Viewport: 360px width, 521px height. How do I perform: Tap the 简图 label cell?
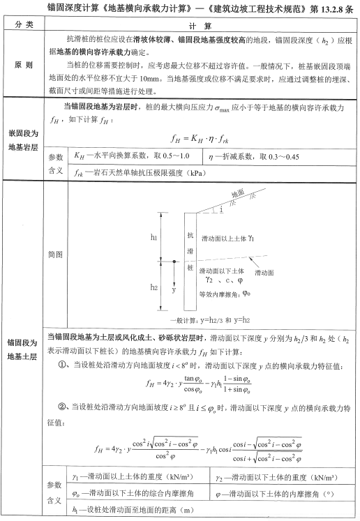click(57, 255)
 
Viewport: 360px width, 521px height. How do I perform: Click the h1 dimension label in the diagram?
click(153, 238)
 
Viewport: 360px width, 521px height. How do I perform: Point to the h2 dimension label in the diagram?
click(153, 287)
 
